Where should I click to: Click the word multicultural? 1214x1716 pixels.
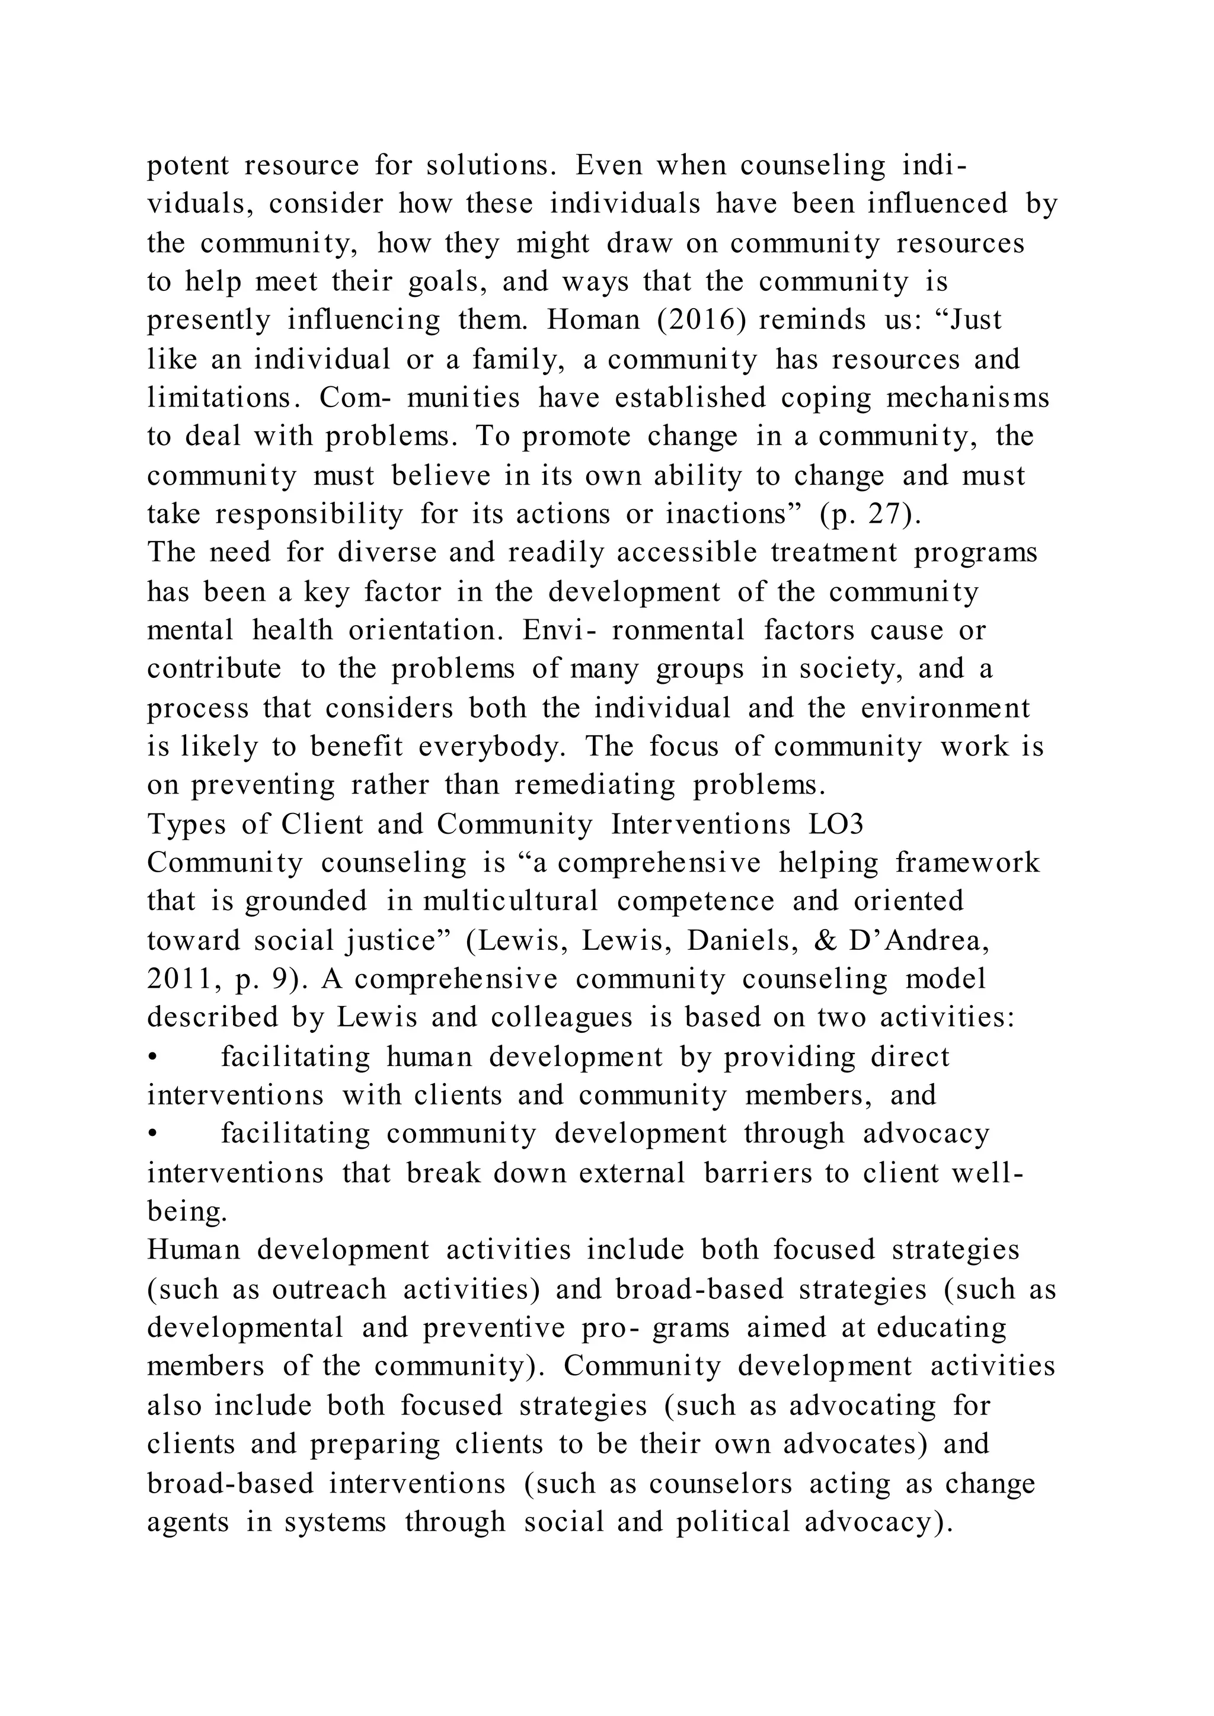[x=510, y=901]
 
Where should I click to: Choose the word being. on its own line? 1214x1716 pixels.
[x=187, y=1212]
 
